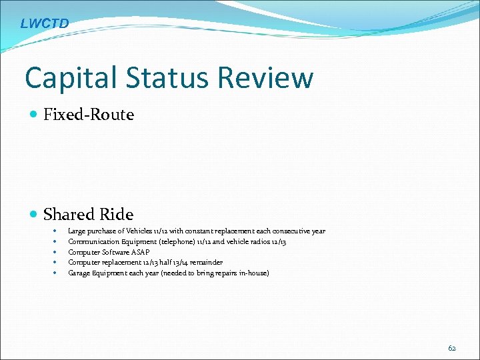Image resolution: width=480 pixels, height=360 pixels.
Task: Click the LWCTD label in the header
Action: [x=44, y=24]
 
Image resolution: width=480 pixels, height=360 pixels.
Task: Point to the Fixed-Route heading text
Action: [x=89, y=115]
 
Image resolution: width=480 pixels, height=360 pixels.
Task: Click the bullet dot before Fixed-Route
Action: [x=34, y=115]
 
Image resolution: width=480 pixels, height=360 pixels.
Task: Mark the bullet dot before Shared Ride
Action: [x=34, y=215]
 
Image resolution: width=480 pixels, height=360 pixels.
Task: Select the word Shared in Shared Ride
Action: [x=69, y=215]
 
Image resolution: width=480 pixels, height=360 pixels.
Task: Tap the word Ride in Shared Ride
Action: [x=117, y=215]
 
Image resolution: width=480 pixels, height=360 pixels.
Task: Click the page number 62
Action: [x=452, y=347]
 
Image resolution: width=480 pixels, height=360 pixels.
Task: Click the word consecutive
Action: [x=287, y=231]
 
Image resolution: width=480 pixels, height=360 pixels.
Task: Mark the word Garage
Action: [x=79, y=273]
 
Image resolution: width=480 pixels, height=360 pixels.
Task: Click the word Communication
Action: [x=93, y=242]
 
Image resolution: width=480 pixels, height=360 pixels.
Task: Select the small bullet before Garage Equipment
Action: [x=53, y=273]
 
